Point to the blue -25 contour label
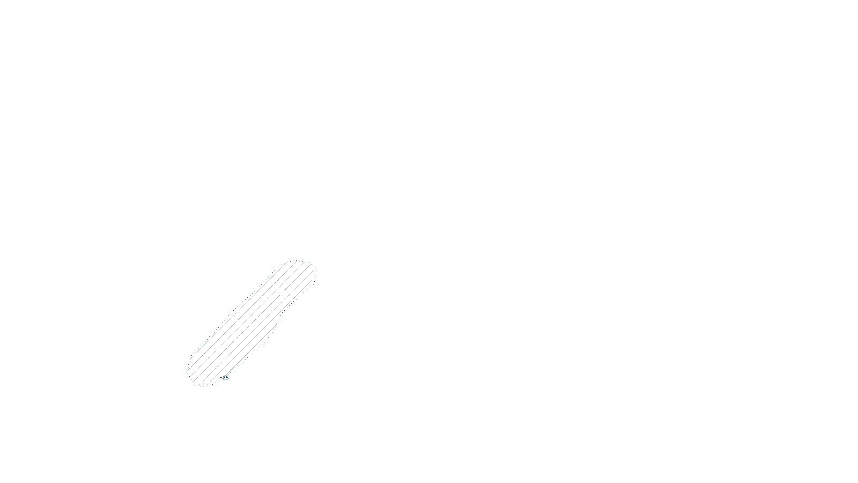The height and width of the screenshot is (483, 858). click(224, 378)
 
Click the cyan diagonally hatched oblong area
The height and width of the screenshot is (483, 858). click(252, 322)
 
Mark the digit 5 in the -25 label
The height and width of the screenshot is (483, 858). click(227, 378)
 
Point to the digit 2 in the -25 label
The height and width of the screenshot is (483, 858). click(224, 378)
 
